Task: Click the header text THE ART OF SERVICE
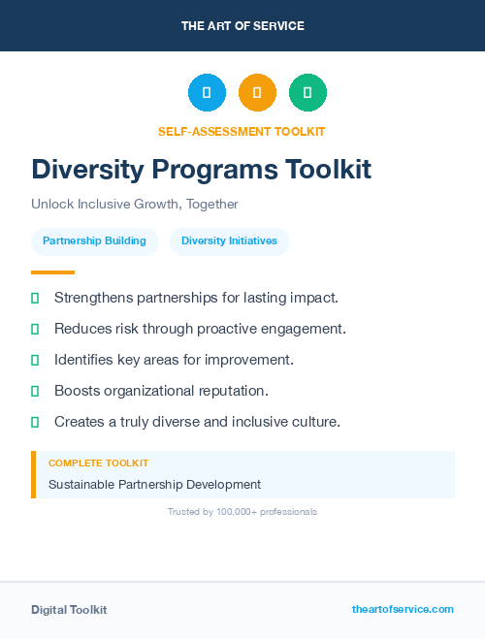[x=242, y=25]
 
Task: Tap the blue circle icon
[x=207, y=93]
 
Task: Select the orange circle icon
[x=257, y=93]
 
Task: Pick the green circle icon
[x=307, y=93]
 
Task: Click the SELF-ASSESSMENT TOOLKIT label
[x=242, y=131]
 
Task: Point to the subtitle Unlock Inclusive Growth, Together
[x=135, y=205]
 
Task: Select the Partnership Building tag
[x=94, y=241]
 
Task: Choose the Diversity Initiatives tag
[x=229, y=241]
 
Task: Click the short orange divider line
[x=52, y=272]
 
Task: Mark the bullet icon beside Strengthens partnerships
[x=35, y=298]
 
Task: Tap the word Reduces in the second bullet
[x=81, y=329]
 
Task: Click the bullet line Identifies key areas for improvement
[x=174, y=360]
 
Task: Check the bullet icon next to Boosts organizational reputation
[x=35, y=391]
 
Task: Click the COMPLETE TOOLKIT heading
[x=98, y=463]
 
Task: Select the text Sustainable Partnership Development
[x=154, y=484]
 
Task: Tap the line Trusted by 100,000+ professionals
[x=242, y=511]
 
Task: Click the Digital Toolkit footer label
[x=69, y=610]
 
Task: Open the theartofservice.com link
[x=403, y=609]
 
